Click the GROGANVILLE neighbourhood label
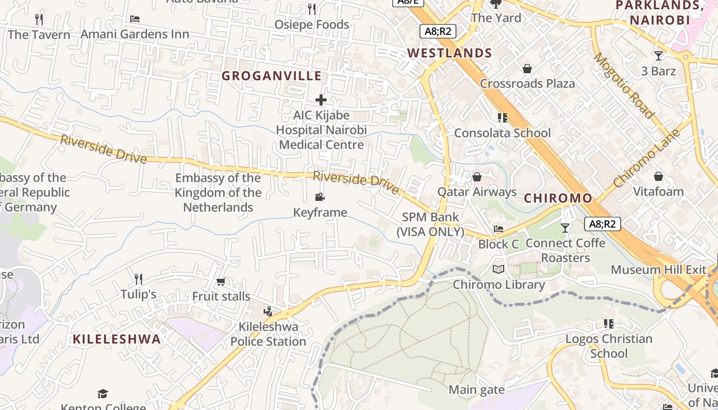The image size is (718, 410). pos(271,76)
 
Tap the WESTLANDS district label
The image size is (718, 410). pos(449,53)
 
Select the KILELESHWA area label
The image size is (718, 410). pos(116,339)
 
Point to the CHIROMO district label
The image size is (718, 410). pos(558,198)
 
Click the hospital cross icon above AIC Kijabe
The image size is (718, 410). pos(321,99)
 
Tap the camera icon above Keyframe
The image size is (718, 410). pos(320,197)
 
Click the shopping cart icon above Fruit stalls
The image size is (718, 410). pos(221,281)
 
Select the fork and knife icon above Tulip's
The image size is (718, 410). pos(138,279)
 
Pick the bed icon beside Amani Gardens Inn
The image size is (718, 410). pos(135,19)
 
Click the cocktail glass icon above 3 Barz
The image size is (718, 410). pos(659,55)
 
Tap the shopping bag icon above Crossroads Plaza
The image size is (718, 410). pos(527,69)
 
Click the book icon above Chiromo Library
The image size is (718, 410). pos(498,269)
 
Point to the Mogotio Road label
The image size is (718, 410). pos(624,85)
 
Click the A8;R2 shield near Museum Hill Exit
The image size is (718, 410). pos(602,223)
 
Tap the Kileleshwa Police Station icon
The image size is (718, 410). pos(267,311)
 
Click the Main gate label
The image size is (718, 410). pos(476,390)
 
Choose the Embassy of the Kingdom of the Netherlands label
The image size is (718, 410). pos(218,192)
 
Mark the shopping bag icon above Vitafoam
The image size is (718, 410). pos(659,177)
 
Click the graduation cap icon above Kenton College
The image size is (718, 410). pos(103,394)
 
